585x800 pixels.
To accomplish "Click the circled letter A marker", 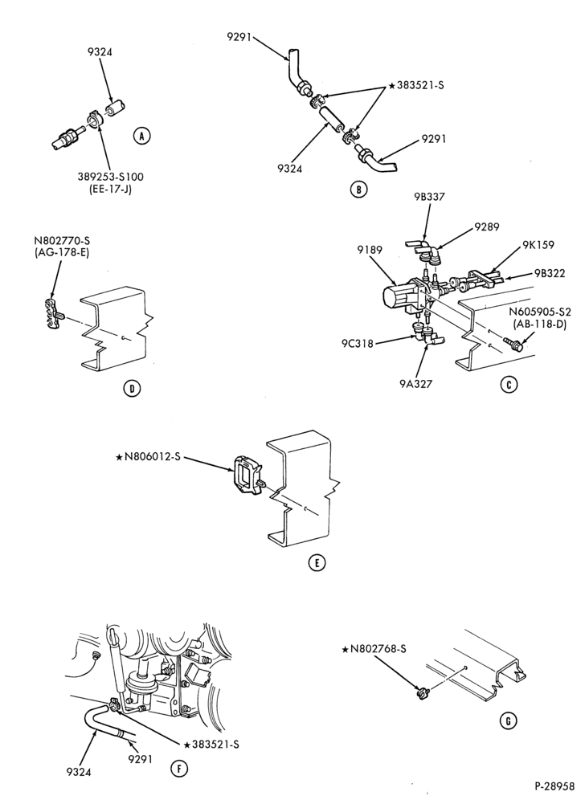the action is (141, 136).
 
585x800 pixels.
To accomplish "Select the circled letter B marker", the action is (358, 190).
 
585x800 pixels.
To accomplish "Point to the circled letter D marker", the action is (132, 389).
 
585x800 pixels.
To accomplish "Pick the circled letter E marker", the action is (317, 563).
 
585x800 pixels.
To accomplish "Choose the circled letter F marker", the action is (178, 769).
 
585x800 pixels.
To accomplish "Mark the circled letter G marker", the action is (508, 721).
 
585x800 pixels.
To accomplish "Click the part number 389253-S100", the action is (111, 177).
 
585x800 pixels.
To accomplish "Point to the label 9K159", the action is (538, 245).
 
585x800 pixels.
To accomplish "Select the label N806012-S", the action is (149, 457).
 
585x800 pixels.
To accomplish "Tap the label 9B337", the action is (426, 197).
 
